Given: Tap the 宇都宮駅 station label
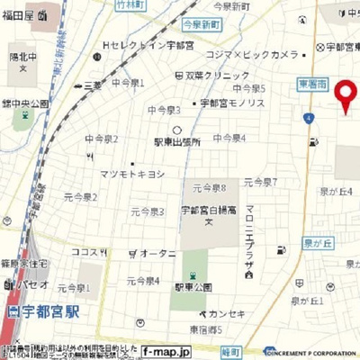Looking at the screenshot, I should click(x=45, y=313).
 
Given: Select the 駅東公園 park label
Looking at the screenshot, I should click(x=192, y=286).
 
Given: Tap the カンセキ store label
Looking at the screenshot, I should click(x=225, y=314).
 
